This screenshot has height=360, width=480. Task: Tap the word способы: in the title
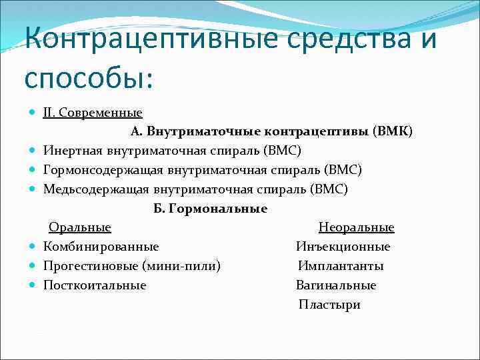point(89,77)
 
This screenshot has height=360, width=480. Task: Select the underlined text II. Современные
point(93,113)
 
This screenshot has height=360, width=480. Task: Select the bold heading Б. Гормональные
point(210,209)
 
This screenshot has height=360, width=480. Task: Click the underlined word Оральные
point(80,228)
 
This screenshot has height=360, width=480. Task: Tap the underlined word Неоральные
point(356,228)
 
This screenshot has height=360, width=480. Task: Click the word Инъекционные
point(343,247)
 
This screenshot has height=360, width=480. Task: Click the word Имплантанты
point(341,267)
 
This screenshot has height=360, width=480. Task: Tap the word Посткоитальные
point(95,286)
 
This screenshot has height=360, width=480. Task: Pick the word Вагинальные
point(336,286)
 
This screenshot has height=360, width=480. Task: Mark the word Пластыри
point(329,305)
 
